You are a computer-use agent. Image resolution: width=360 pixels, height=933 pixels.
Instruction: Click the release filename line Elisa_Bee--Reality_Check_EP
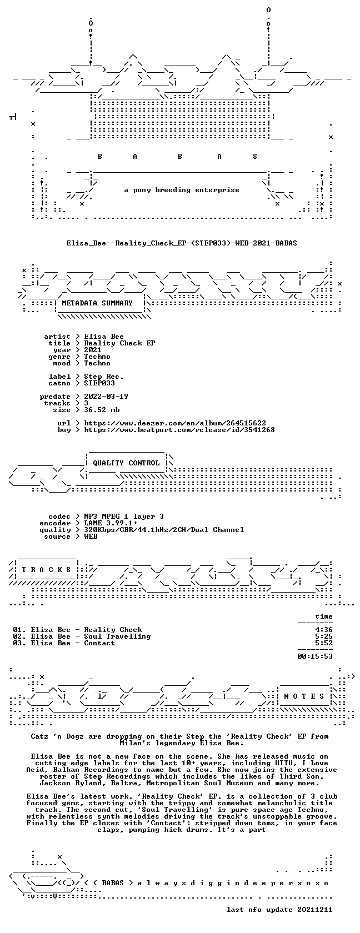[182, 243]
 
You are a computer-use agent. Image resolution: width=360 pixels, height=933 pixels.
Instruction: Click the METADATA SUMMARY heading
[97, 303]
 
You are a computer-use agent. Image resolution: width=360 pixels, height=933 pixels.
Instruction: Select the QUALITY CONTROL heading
[126, 463]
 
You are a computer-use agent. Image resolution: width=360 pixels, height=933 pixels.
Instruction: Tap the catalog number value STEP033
[99, 383]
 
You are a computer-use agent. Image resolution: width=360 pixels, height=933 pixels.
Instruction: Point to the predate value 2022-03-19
[106, 397]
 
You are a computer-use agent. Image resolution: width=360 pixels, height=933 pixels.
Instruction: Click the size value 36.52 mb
[102, 410]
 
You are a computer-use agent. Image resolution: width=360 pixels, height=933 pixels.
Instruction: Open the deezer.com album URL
[175, 423]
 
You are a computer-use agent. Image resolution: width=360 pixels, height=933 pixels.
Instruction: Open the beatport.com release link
[179, 430]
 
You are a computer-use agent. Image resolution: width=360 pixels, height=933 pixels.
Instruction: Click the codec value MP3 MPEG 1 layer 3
[124, 516]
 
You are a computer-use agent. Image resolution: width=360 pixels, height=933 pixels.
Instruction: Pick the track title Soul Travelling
[117, 636]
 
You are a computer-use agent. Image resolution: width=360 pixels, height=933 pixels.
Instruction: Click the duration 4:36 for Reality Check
[324, 630]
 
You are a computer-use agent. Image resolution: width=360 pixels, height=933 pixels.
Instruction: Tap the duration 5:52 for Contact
[324, 643]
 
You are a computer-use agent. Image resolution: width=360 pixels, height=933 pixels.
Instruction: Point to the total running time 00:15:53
[315, 656]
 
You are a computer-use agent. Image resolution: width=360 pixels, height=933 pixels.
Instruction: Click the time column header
[324, 616]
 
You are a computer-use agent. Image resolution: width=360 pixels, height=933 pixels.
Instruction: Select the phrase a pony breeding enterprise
[182, 190]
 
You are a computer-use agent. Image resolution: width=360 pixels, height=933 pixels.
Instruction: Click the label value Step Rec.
[104, 377]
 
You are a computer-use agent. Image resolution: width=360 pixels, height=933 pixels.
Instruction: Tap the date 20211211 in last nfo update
[315, 910]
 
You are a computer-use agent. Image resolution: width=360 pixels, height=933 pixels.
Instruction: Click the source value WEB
[91, 536]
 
